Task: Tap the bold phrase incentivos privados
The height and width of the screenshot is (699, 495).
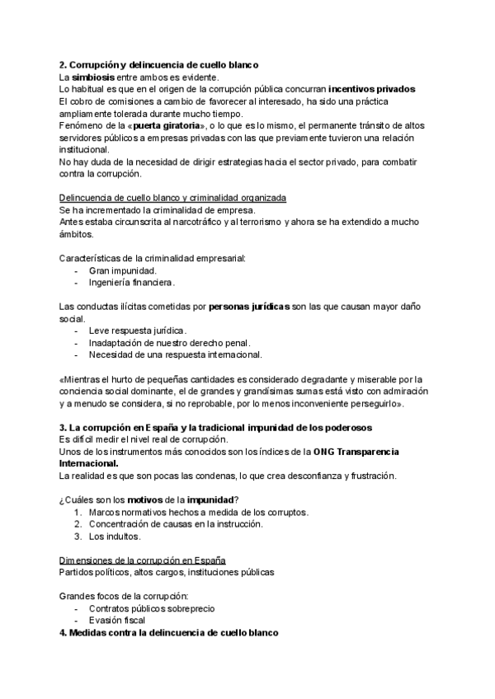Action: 371,88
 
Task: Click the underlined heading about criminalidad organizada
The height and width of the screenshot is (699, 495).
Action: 173,198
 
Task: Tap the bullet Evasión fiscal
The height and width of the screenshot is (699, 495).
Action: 117,621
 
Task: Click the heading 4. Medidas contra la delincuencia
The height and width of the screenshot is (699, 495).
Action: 169,632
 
